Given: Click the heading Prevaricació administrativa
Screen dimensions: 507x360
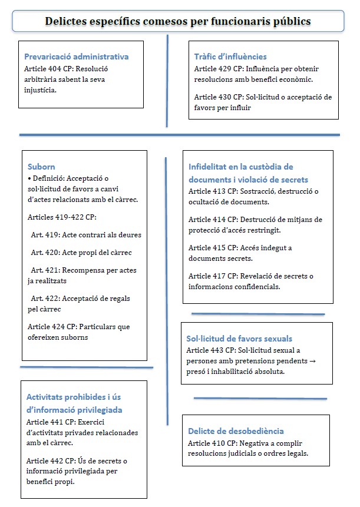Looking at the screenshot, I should pos(76,57).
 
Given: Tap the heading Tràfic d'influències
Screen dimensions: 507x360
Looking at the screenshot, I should pos(230,57).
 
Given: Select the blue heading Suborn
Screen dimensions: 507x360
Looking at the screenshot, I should pos(41,167).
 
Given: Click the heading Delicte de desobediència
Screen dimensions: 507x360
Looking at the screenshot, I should pos(236,431).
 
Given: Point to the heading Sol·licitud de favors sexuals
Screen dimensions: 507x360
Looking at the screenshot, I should pos(239,339).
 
